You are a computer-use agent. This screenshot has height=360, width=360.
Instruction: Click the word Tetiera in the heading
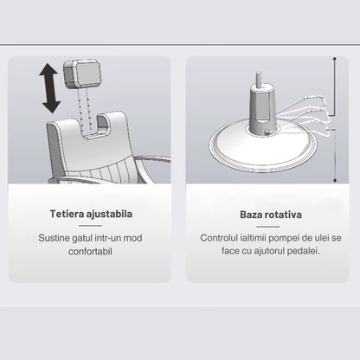click(x=70, y=214)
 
